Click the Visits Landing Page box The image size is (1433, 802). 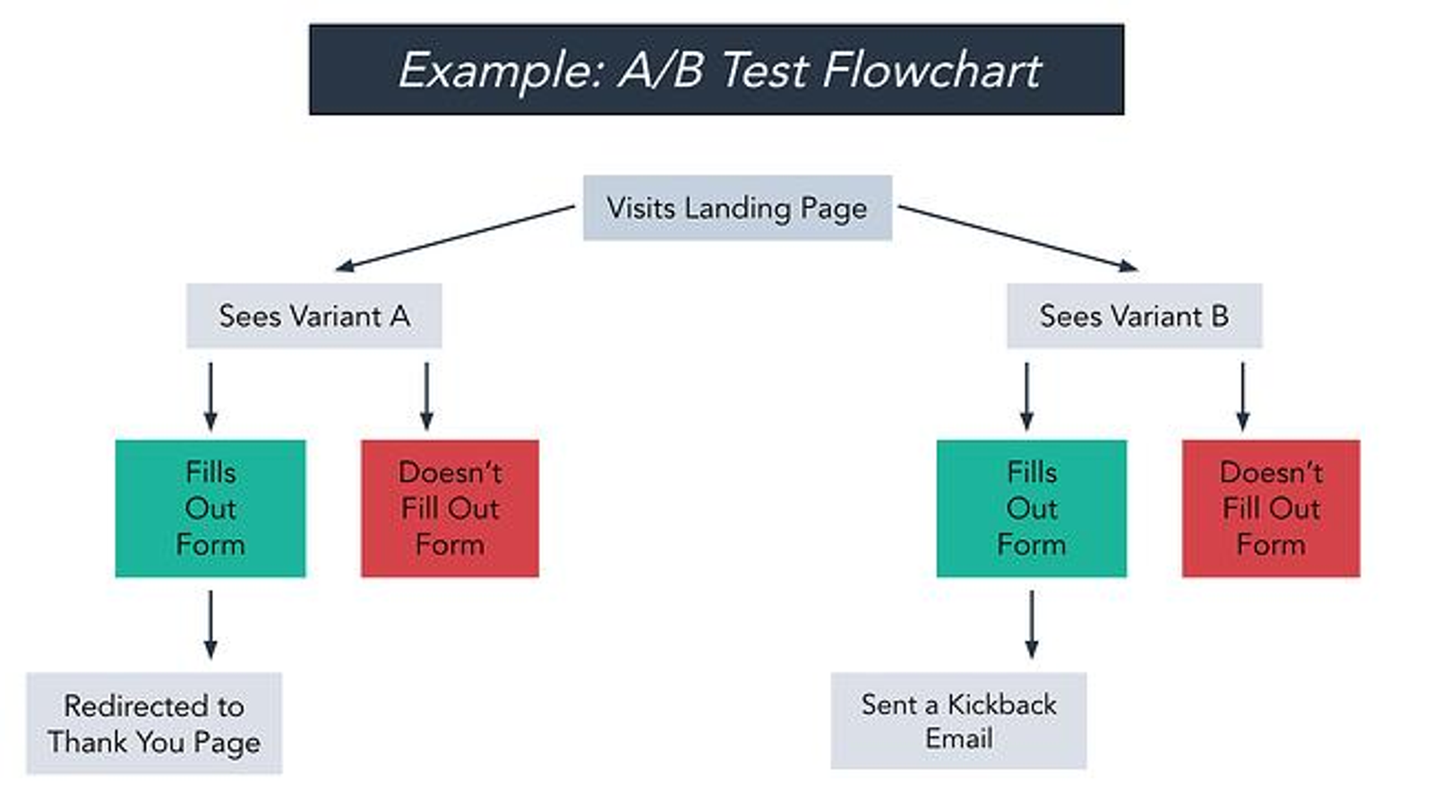click(738, 208)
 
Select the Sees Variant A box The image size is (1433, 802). click(314, 315)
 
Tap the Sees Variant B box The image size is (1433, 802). click(1134, 315)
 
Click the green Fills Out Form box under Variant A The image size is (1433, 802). click(210, 508)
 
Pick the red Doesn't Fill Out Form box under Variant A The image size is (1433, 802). click(450, 508)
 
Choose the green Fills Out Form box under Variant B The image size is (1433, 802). click(1031, 508)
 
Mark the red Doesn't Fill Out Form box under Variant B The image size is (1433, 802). click(1271, 508)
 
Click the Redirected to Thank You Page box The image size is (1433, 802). click(154, 723)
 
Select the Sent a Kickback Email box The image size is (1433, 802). click(958, 720)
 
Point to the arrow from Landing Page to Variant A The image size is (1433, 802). click(455, 237)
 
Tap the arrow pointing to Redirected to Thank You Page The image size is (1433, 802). click(210, 624)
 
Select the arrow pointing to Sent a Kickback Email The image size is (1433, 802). click(1031, 624)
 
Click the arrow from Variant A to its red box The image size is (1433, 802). click(426, 396)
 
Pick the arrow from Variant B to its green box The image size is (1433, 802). click(1026, 396)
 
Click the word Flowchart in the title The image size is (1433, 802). click(932, 70)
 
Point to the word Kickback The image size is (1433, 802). click(1002, 704)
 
